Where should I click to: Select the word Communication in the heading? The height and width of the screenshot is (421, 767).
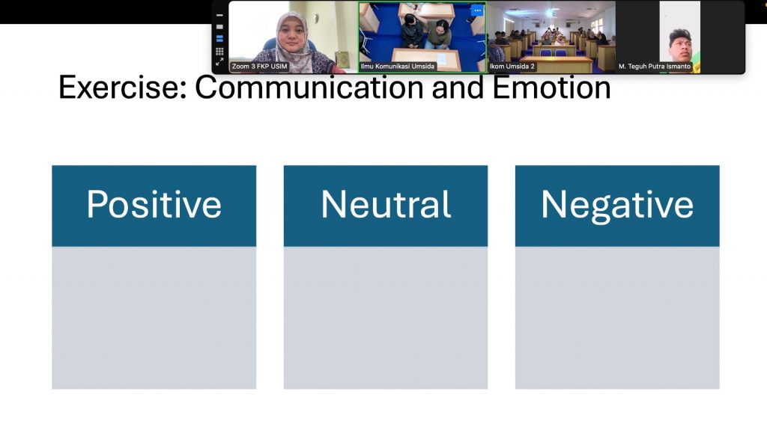[x=310, y=88]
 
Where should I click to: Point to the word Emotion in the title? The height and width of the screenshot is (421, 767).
[x=551, y=88]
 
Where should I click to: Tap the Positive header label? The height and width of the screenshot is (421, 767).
[x=154, y=205]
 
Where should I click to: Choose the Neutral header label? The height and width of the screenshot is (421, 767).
[x=386, y=205]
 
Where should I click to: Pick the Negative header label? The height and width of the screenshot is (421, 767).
[x=617, y=206]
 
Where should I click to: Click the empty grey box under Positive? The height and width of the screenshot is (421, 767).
[x=154, y=318]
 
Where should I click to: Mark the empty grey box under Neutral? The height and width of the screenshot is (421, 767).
[x=386, y=318]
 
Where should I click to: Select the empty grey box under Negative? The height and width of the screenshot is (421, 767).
[x=617, y=318]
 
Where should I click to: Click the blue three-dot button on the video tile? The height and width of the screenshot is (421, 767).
[x=477, y=10]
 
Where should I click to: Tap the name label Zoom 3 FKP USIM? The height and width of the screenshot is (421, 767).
[x=259, y=67]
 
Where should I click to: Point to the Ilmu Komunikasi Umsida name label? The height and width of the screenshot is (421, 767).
[x=397, y=67]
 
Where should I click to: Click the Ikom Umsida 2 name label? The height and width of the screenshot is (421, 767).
[x=512, y=67]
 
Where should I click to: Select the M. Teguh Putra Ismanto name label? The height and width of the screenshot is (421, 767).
[x=655, y=67]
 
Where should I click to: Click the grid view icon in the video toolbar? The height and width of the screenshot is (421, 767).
[x=219, y=51]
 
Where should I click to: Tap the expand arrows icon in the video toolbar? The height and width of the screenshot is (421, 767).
[x=219, y=62]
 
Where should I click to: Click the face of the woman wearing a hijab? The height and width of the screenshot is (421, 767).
[x=292, y=34]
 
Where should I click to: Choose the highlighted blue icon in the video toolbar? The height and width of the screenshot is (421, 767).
[x=219, y=39]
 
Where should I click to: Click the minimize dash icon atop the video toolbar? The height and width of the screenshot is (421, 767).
[x=219, y=15]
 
